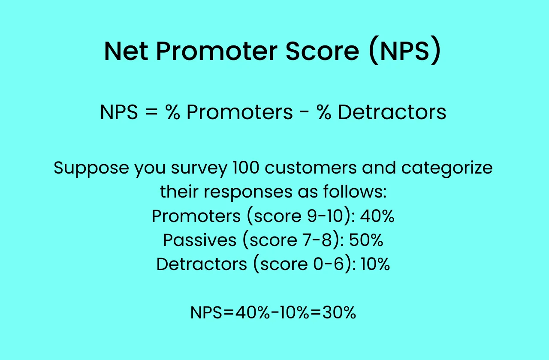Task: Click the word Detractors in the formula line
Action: tap(392, 112)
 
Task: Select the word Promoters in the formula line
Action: tap(239, 112)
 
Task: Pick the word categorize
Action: tap(446, 168)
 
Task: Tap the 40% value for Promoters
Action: tap(377, 216)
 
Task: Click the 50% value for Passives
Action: tap(366, 240)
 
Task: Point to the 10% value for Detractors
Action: tap(375, 264)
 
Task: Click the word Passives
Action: tap(199, 240)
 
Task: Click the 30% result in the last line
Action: tap(340, 313)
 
